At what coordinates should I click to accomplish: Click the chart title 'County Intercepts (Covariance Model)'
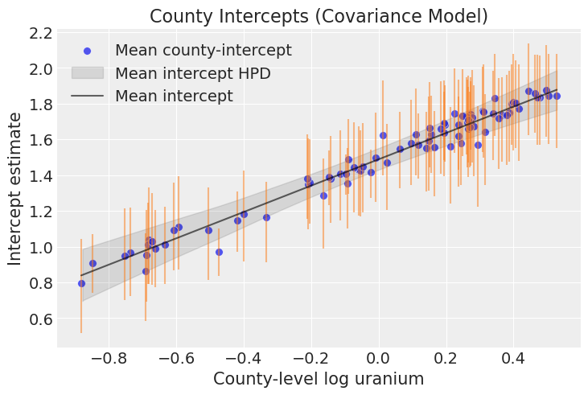[x=319, y=16]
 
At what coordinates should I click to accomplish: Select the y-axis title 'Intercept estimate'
[x=16, y=189]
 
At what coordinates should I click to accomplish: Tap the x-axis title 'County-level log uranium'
[x=318, y=379]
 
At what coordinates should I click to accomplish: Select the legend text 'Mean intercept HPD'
[x=193, y=73]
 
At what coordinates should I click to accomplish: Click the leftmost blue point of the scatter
[x=81, y=283]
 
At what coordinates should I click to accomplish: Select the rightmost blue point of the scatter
[x=557, y=96]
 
